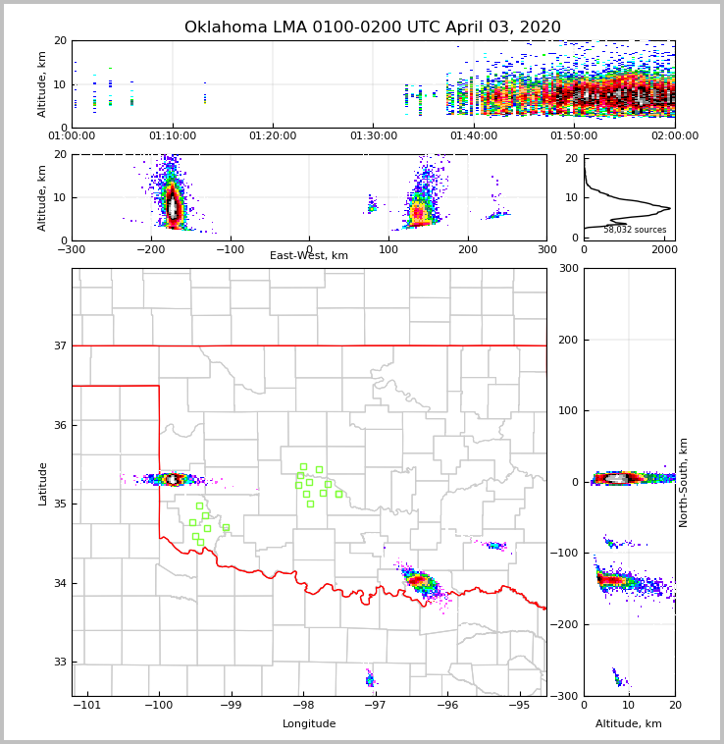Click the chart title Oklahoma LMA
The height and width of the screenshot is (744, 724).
pyautogui.click(x=373, y=27)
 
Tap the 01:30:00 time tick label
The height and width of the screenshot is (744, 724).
pyautogui.click(x=373, y=135)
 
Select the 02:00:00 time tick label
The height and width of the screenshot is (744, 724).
pyautogui.click(x=674, y=135)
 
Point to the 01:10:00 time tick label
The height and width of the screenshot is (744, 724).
pyautogui.click(x=172, y=135)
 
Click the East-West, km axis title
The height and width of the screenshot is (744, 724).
pyautogui.click(x=309, y=256)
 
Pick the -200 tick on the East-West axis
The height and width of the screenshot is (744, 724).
pyautogui.click(x=151, y=249)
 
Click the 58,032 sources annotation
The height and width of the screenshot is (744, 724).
pyautogui.click(x=635, y=230)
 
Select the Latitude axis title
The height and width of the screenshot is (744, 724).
pyautogui.click(x=43, y=483)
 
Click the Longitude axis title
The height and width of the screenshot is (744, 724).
pyautogui.click(x=309, y=724)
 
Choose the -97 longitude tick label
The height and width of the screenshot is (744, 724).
pyautogui.click(x=375, y=705)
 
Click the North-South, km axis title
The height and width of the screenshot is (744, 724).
pyautogui.click(x=685, y=482)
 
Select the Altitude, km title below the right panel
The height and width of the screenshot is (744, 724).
pyautogui.click(x=629, y=724)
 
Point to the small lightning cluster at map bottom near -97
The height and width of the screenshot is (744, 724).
pyautogui.click(x=370, y=678)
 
